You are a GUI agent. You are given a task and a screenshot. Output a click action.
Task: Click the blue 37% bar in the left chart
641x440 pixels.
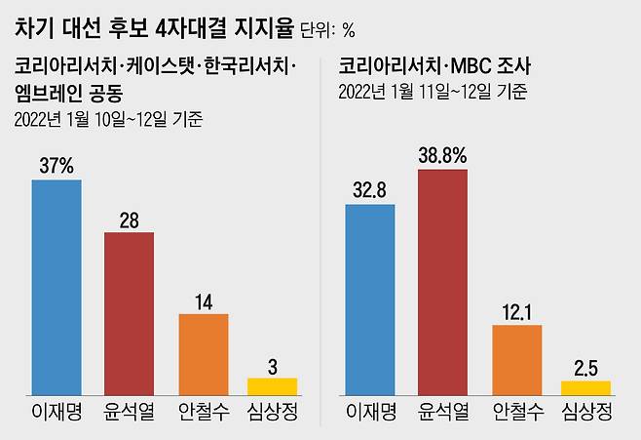(x=57, y=287)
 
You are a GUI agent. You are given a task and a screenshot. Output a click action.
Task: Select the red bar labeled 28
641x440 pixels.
(x=129, y=313)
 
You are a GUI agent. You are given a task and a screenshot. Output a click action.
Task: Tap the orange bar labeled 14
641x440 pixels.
(x=203, y=354)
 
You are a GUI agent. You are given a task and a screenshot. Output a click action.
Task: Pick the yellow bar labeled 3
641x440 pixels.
(x=272, y=385)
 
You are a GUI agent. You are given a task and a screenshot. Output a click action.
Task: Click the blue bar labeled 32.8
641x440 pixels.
(x=370, y=300)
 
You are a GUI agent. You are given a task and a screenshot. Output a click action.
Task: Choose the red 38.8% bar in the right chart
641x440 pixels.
(x=443, y=282)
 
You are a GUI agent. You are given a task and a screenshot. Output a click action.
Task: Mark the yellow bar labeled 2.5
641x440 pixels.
(x=585, y=387)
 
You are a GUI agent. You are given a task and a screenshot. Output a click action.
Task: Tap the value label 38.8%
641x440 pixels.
(x=443, y=155)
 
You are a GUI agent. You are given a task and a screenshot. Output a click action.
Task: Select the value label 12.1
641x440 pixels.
(x=516, y=311)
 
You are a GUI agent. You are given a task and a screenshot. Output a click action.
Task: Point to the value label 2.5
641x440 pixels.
(x=585, y=368)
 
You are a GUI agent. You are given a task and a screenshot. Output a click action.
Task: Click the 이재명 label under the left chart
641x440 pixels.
(x=57, y=412)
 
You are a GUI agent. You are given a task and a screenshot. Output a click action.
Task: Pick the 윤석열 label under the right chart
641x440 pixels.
(x=443, y=412)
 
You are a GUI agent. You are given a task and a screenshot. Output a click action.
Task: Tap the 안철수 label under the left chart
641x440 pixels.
(x=203, y=412)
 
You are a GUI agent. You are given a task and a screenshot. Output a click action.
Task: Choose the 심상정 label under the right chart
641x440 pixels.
(x=585, y=412)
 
